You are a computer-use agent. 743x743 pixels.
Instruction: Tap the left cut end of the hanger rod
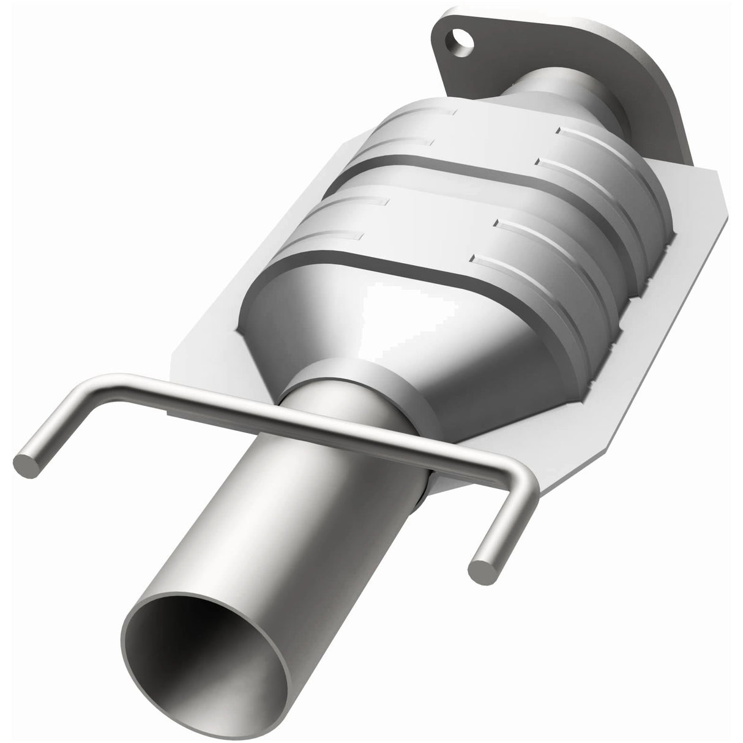[x=29, y=463]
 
